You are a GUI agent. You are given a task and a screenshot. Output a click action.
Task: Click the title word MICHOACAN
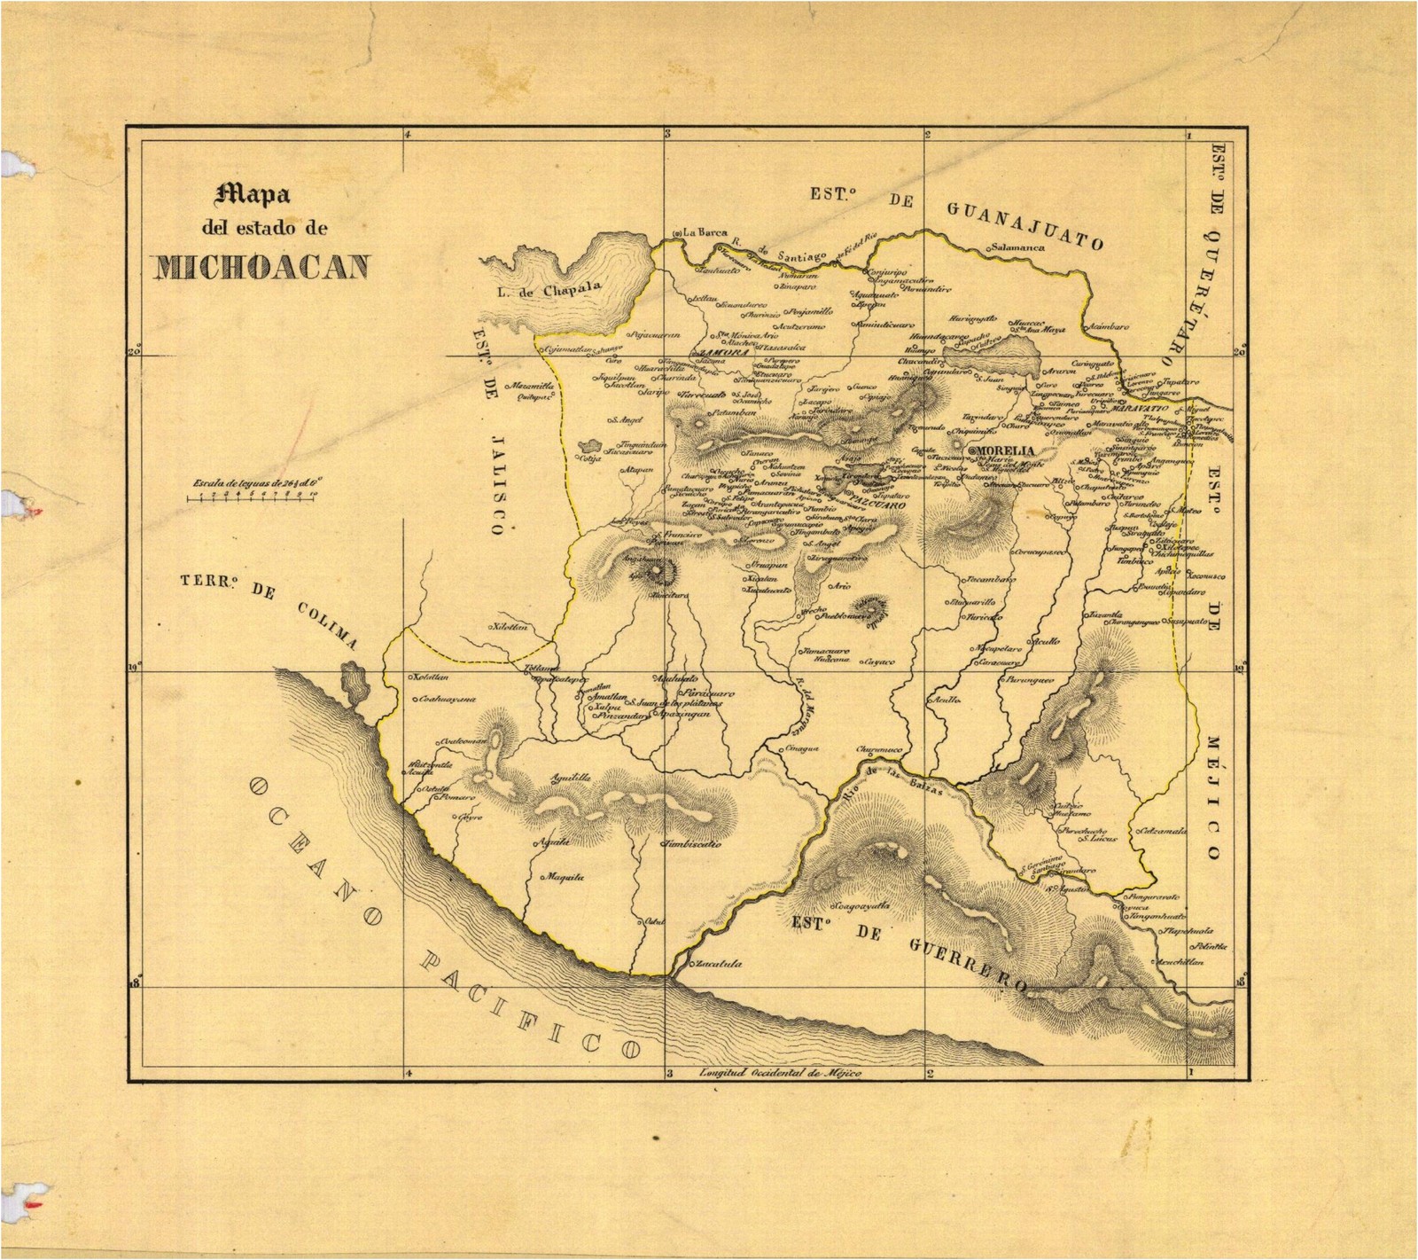point(261,267)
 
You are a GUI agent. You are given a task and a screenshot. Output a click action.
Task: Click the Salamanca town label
point(1019,247)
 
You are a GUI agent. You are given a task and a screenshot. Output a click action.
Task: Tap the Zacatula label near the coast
point(718,964)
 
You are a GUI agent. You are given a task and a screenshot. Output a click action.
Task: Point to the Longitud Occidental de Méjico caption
point(780,1074)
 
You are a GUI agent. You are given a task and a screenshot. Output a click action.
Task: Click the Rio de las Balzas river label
point(895,783)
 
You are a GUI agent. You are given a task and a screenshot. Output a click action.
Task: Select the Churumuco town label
point(879,749)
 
